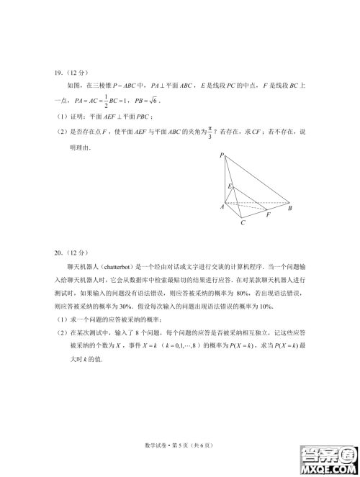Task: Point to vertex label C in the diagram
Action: pos(243,223)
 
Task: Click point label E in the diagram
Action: pos(229,186)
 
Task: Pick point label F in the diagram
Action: pos(268,215)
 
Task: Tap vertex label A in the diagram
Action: pos(223,207)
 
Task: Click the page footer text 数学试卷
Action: pos(154,444)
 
